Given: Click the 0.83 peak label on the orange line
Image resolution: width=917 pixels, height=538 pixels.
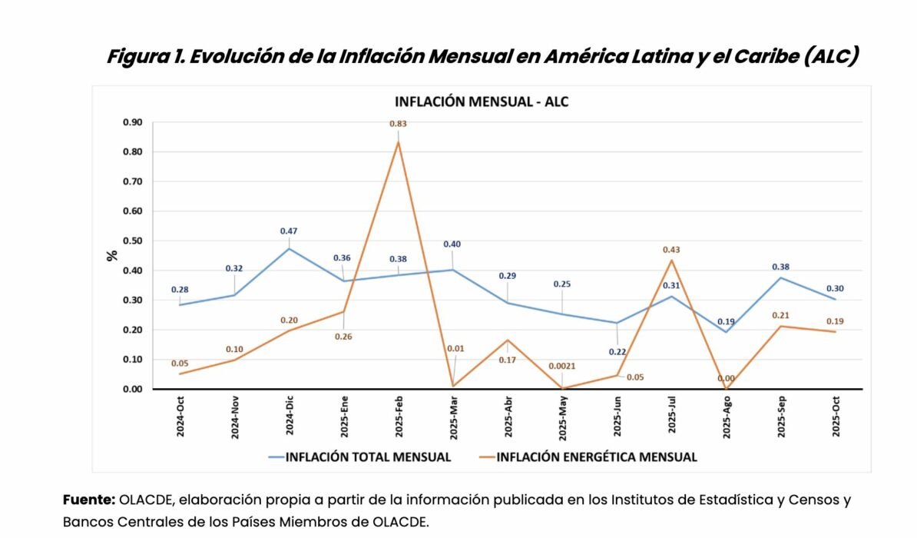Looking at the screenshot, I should [398, 124].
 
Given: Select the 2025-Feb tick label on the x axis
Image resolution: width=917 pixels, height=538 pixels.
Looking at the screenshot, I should [398, 417].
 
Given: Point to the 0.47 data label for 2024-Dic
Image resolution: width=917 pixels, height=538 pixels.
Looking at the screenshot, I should [289, 231].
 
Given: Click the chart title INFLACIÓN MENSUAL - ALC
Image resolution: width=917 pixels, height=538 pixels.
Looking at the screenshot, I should [482, 102].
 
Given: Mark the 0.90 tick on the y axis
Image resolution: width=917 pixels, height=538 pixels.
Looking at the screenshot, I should [132, 122].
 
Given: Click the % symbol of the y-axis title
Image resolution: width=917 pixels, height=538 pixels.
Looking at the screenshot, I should [112, 255].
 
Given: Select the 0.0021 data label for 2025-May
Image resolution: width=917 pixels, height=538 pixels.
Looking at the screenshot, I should [562, 367].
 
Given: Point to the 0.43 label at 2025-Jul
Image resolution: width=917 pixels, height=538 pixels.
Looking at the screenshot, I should [672, 250].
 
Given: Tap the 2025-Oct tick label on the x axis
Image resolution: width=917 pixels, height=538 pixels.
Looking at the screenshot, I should [836, 417].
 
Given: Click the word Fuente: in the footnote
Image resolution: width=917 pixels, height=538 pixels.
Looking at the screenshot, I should [88, 500].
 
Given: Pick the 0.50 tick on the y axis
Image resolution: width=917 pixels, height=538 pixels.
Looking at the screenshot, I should [132, 241].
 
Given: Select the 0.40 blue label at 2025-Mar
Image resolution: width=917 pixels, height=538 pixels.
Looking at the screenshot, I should [452, 244].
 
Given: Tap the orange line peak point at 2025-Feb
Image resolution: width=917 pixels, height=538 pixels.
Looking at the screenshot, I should [398, 142].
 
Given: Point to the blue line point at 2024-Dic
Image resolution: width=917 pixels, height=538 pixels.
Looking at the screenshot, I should [289, 249].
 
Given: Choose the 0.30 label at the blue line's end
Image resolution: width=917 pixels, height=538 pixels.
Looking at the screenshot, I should [836, 288].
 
